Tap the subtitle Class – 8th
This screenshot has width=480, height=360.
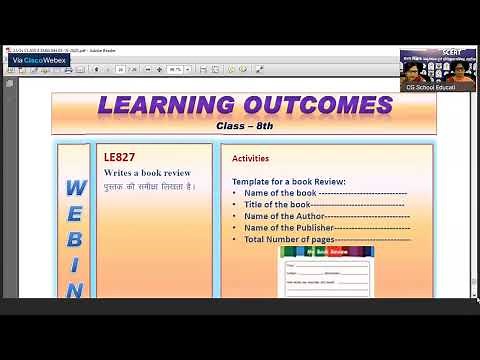click(x=244, y=126)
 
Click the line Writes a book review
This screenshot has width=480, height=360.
click(x=147, y=173)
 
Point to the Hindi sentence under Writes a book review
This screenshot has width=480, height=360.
click(x=149, y=186)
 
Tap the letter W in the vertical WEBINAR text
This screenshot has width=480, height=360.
click(x=75, y=188)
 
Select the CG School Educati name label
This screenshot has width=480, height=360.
click(x=438, y=87)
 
